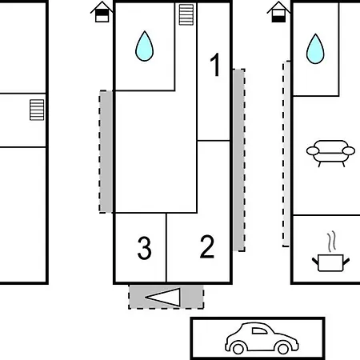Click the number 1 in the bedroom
coord(215,65)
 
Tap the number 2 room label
coord(207,246)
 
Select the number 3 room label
coord(144,248)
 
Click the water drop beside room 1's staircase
coord(144,46)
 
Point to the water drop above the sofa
coord(315,49)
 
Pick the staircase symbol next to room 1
coord(186,14)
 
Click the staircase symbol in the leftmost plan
coord(37,110)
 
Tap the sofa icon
coord(330,153)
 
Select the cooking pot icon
coord(330,262)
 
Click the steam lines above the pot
coord(331,242)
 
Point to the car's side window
coord(259,330)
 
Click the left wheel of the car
coord(238,348)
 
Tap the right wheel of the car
coord(283,348)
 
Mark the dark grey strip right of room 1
coord(239,160)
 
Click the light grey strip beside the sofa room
coord(286,154)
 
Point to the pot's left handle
coord(315,261)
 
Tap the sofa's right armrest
coord(349,151)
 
